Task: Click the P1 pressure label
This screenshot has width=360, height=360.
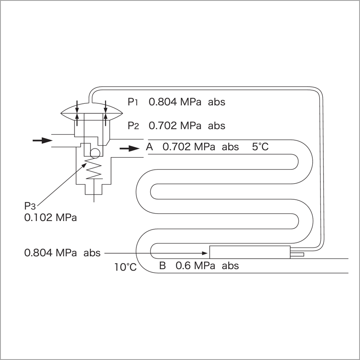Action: (x=133, y=102)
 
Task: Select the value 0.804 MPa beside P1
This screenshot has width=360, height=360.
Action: (x=175, y=102)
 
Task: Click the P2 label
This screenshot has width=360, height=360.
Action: (x=133, y=126)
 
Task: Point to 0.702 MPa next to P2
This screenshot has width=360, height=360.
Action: (x=175, y=126)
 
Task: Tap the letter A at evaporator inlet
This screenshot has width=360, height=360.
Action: (x=149, y=147)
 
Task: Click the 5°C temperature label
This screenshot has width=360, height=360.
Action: (x=260, y=147)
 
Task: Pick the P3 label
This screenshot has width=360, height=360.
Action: (x=30, y=206)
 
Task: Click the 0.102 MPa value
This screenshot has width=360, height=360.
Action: (x=50, y=218)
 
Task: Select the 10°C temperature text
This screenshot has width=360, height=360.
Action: (x=126, y=267)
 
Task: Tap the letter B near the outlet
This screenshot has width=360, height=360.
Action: (x=162, y=266)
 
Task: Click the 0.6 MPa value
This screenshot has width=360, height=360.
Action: (x=195, y=266)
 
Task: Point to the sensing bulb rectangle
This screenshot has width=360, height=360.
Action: (x=250, y=252)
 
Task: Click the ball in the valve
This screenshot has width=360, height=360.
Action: (x=95, y=153)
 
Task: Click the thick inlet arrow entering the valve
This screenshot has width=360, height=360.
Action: (x=43, y=140)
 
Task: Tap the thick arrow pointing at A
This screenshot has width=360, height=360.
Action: (x=129, y=149)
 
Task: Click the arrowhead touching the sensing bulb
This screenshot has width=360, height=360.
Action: (x=205, y=253)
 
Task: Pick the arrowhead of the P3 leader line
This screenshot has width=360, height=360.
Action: (x=84, y=165)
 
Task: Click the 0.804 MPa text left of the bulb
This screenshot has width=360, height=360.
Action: (x=63, y=253)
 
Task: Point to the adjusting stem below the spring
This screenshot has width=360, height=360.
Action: (x=94, y=191)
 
